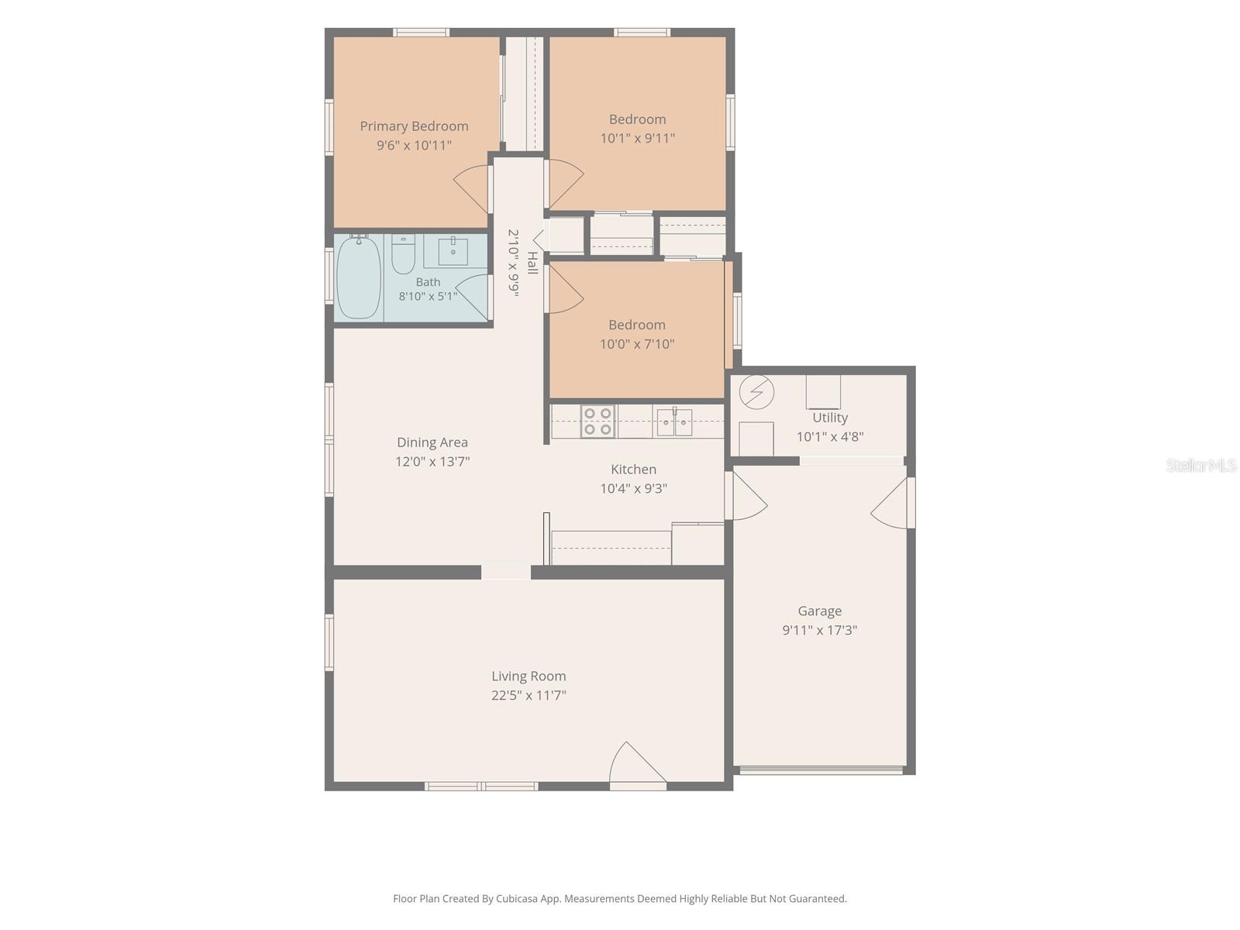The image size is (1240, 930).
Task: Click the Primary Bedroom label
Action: (x=414, y=126)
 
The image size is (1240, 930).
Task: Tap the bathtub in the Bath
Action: (x=358, y=277)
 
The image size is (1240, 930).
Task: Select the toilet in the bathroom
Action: (x=403, y=254)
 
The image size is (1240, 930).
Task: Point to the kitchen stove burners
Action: (x=598, y=422)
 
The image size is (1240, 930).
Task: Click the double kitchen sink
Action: (x=674, y=422)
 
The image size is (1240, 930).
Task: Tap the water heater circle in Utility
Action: (x=756, y=392)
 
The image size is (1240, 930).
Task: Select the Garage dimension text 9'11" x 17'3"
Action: (x=820, y=629)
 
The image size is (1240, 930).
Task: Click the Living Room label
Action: (x=529, y=676)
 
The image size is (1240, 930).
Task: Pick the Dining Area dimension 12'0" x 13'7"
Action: (x=432, y=461)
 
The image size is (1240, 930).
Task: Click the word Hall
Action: (x=532, y=263)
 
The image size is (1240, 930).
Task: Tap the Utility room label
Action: (x=830, y=417)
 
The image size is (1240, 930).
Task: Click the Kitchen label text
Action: (x=634, y=469)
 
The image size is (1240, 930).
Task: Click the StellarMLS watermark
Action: (x=1201, y=465)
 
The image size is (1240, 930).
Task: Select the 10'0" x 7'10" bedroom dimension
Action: (x=637, y=344)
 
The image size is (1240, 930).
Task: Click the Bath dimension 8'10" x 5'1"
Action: (x=428, y=296)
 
